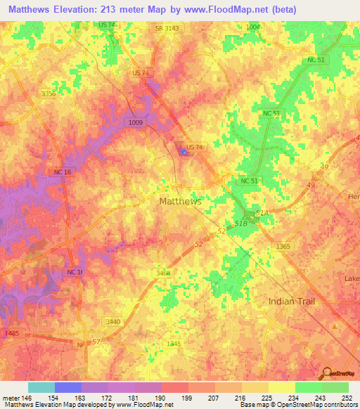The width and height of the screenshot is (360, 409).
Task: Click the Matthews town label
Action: (181, 201)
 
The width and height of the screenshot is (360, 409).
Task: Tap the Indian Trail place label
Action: (292, 301)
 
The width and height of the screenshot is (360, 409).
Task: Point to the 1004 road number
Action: (252, 27)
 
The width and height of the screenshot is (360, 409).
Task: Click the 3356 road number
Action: (49, 93)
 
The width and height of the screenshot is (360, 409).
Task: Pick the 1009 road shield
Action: (137, 122)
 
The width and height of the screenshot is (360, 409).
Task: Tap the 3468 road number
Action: (163, 273)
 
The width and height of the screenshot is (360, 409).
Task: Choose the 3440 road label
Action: (112, 321)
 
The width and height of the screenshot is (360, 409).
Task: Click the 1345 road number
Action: (174, 344)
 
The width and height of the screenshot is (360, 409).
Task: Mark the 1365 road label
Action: (283, 246)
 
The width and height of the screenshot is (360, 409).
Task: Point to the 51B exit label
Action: (240, 223)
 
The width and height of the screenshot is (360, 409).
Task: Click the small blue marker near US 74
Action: (184, 151)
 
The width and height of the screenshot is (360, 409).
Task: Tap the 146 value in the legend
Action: (22, 397)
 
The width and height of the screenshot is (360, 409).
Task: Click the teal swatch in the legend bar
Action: (41, 387)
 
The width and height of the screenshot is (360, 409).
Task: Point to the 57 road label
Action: (97, 341)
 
